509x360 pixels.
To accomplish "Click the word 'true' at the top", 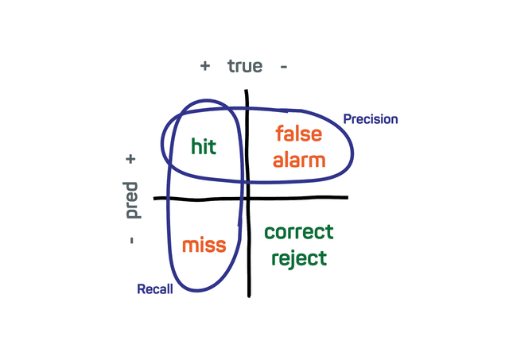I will click(245, 66).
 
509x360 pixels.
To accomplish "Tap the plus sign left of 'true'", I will click(205, 67).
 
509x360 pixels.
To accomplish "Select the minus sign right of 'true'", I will click(284, 67).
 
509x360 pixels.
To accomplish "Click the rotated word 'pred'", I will click(132, 200).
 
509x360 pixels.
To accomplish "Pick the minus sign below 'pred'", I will click(131, 238).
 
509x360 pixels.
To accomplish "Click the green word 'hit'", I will click(204, 146).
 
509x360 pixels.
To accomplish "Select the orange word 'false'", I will click(298, 136).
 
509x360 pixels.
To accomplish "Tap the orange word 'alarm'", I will click(299, 160).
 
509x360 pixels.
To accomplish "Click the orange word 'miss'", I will click(204, 245).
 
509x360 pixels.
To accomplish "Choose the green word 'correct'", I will click(299, 233).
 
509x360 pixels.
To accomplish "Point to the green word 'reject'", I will click(298, 257).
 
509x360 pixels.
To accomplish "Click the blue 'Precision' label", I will click(370, 119).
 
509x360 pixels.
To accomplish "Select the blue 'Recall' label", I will click(155, 288).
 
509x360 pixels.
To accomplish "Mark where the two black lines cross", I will click(248, 197).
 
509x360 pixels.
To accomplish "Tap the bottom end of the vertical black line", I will click(250, 296).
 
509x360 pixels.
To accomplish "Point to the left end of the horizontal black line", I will click(155, 198).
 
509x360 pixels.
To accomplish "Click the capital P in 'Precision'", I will click(347, 119).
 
